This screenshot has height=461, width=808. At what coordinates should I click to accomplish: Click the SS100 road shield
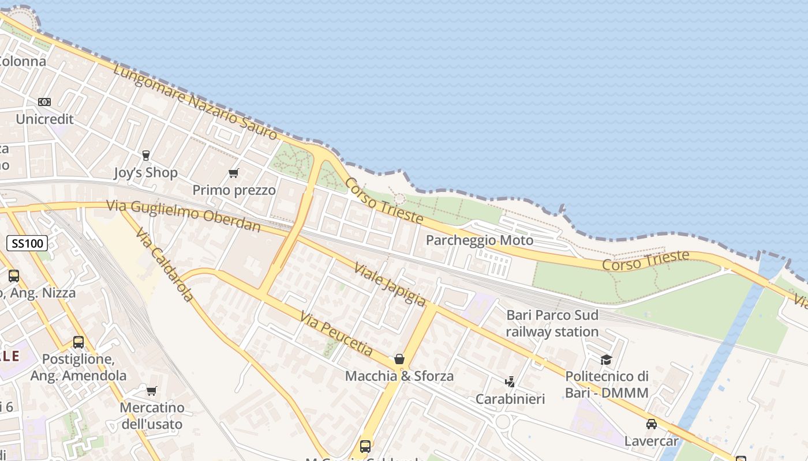[27, 243]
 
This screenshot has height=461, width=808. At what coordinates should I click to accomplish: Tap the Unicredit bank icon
[44, 102]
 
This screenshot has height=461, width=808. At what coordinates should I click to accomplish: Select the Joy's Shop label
[145, 172]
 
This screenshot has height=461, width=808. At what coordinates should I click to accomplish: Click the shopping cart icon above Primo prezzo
[234, 173]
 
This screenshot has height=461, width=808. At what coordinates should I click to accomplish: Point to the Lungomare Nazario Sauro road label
[195, 102]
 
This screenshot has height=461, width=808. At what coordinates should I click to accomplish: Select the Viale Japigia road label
[390, 284]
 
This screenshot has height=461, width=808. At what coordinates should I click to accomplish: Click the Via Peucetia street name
[336, 333]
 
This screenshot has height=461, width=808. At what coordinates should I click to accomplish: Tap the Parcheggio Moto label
[480, 240]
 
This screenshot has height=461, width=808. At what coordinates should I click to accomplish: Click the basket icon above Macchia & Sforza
[399, 359]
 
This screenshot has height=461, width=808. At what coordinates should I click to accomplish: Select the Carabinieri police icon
[510, 381]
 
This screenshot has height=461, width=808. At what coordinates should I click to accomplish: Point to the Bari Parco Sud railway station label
[552, 323]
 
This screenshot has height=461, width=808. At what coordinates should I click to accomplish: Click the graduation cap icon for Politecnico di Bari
[606, 360]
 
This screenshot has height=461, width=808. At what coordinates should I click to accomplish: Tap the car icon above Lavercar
[652, 424]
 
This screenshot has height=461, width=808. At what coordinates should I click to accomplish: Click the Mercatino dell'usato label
[152, 416]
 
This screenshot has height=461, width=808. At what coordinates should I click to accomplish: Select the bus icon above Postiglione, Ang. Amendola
[78, 342]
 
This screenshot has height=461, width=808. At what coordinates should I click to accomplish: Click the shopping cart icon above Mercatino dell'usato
[152, 391]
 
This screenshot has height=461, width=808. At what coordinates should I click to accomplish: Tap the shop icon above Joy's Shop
[145, 155]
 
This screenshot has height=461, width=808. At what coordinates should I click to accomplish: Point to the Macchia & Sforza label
[399, 376]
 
